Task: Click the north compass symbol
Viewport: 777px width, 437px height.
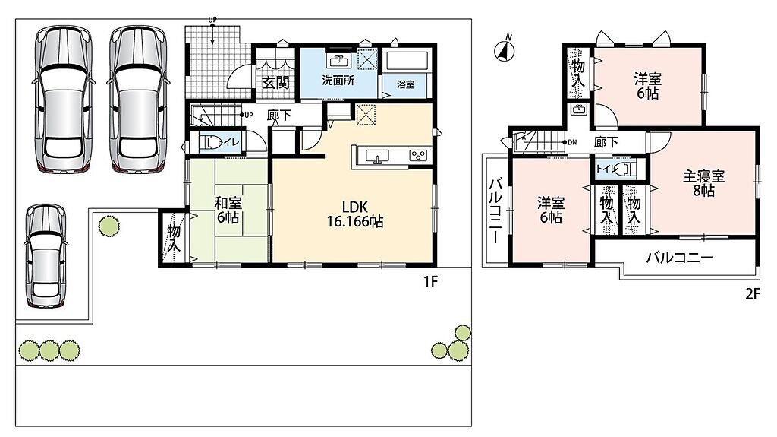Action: click(x=505, y=49)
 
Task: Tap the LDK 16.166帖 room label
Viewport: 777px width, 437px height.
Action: click(x=355, y=214)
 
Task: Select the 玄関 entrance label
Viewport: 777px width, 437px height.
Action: click(x=275, y=82)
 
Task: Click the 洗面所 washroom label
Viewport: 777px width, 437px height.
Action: click(x=338, y=80)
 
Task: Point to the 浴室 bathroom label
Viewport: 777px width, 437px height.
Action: click(x=405, y=85)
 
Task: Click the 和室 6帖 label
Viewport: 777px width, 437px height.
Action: click(x=228, y=210)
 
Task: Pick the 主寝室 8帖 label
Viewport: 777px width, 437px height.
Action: click(x=703, y=183)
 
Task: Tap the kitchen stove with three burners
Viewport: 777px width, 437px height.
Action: click(x=418, y=156)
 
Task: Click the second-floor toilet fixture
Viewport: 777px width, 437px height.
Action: click(x=628, y=169)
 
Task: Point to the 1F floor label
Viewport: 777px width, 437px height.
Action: click(x=430, y=281)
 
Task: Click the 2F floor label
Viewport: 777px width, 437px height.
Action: click(x=752, y=294)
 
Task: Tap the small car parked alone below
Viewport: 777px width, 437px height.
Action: click(x=46, y=256)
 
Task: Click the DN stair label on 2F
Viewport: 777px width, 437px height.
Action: click(x=572, y=143)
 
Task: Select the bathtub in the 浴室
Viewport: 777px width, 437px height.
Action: click(x=407, y=61)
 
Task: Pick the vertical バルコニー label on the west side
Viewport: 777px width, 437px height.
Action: click(x=495, y=212)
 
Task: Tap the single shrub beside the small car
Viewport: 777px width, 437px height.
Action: click(x=109, y=226)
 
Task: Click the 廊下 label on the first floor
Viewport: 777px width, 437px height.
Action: click(x=279, y=116)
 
